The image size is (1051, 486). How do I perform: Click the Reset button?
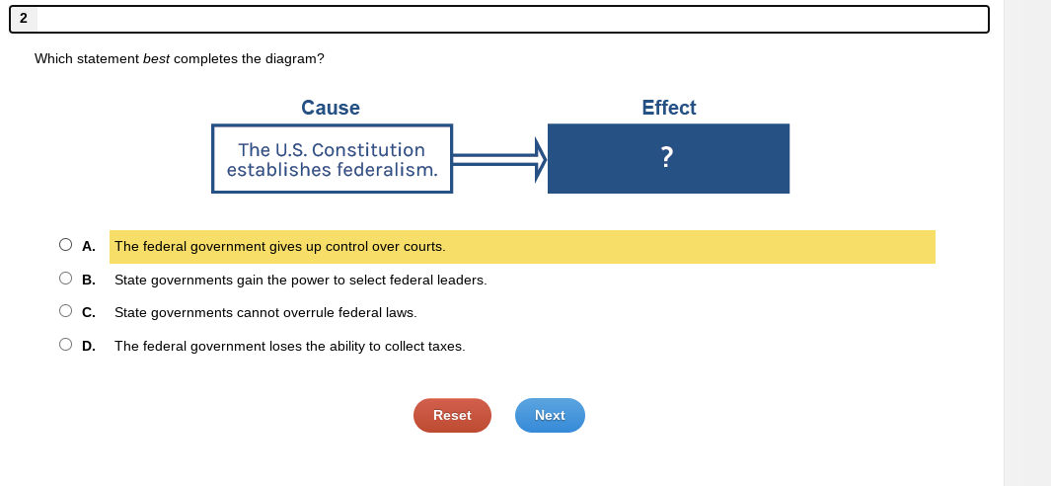tap(452, 415)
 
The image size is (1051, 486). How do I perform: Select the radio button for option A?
tap(65, 245)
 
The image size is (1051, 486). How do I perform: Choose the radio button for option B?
tap(65, 279)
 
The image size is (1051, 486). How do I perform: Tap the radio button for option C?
tap(65, 311)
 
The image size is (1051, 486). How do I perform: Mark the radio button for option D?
tap(65, 345)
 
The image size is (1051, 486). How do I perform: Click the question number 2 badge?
tap(23, 18)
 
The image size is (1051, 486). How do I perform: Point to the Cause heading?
tap(331, 108)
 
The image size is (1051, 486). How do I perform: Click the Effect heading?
tap(668, 108)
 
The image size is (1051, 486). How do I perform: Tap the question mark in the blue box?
tap(667, 156)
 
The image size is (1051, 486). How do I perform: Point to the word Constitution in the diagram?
tap(368, 150)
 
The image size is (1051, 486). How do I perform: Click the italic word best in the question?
tap(156, 59)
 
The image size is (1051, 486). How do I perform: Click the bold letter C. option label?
tap(89, 312)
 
